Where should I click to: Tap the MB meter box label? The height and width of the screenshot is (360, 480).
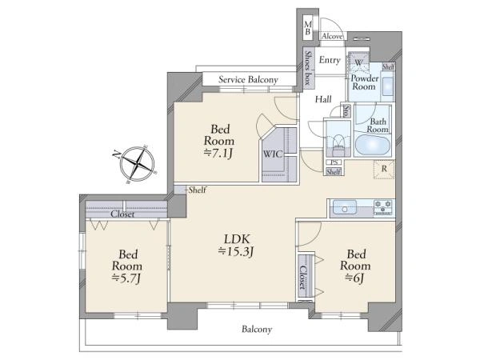(308, 28)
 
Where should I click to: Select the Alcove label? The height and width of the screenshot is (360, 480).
(333, 36)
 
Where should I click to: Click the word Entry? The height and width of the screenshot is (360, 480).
(330, 60)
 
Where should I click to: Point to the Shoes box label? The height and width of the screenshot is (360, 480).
(308, 68)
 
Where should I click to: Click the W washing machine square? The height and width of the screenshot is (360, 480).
(358, 62)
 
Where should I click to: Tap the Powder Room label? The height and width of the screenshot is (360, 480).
(364, 82)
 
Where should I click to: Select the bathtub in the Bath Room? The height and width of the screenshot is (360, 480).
(373, 145)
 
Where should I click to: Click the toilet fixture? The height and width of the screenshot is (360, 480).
(338, 142)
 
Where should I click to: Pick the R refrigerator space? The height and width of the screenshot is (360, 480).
(384, 169)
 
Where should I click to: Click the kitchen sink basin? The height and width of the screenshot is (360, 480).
(345, 207)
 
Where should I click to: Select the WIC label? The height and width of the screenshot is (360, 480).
(273, 154)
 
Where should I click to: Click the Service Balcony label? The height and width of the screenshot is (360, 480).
(248, 80)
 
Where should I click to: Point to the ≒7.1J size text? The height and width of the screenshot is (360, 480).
(218, 153)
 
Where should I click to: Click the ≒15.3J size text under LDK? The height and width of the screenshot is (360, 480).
(236, 251)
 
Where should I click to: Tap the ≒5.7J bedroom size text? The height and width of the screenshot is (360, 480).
(126, 278)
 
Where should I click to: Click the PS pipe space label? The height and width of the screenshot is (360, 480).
(334, 162)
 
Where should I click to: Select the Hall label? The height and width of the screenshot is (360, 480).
(323, 99)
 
